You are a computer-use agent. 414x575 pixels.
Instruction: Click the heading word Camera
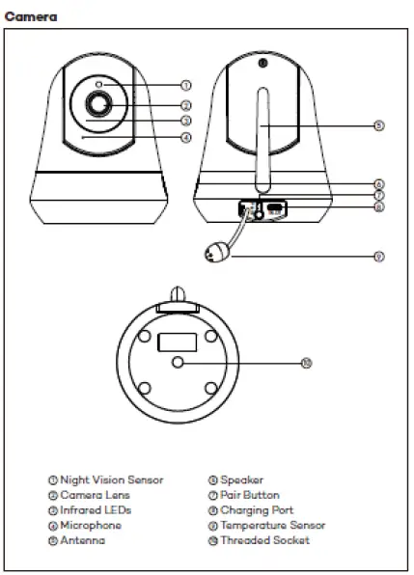click(31, 17)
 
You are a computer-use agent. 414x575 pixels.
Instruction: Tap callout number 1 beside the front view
click(185, 87)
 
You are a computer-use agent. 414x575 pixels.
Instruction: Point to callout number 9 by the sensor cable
click(379, 257)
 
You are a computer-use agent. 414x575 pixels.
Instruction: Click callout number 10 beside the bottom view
click(307, 363)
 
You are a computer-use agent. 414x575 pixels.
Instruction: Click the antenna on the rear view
click(261, 135)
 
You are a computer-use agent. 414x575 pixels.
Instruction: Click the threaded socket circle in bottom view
click(177, 361)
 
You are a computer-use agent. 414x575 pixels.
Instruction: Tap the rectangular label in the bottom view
click(176, 342)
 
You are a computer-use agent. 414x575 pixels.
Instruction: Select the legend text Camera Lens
click(95, 495)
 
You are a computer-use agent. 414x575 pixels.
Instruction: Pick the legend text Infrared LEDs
click(96, 509)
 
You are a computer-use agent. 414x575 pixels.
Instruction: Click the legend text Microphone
click(91, 525)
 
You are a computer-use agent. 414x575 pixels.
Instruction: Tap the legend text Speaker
click(241, 479)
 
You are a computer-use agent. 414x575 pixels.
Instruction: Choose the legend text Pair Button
click(250, 495)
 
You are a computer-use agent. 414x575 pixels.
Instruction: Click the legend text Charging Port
click(257, 509)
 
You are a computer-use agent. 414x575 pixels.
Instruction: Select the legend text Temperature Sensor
click(272, 525)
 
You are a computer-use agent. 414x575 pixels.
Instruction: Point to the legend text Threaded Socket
click(265, 540)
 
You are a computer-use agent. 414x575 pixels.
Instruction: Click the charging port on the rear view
click(275, 207)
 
